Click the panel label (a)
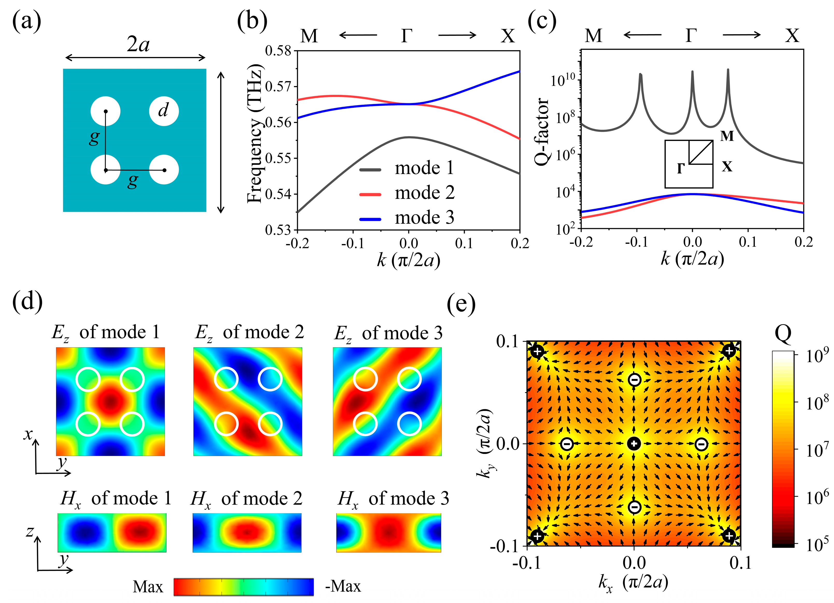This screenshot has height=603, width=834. click(26, 21)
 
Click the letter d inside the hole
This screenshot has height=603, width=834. click(163, 110)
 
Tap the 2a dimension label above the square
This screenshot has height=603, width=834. click(138, 45)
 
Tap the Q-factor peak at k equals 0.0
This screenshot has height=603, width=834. click(692, 72)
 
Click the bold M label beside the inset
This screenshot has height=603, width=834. click(727, 136)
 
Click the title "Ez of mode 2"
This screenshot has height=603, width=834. click(249, 333)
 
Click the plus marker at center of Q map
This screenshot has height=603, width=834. click(634, 444)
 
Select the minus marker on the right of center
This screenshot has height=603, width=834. click(701, 444)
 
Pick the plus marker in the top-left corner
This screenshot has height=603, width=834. click(537, 351)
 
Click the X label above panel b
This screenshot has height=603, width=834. click(508, 36)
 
